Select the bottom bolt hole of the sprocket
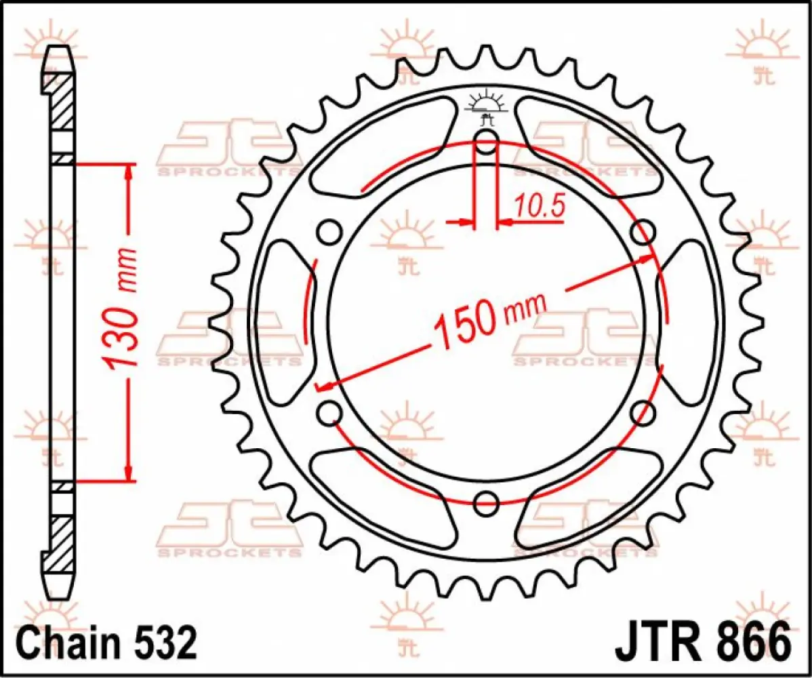click(x=486, y=502)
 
